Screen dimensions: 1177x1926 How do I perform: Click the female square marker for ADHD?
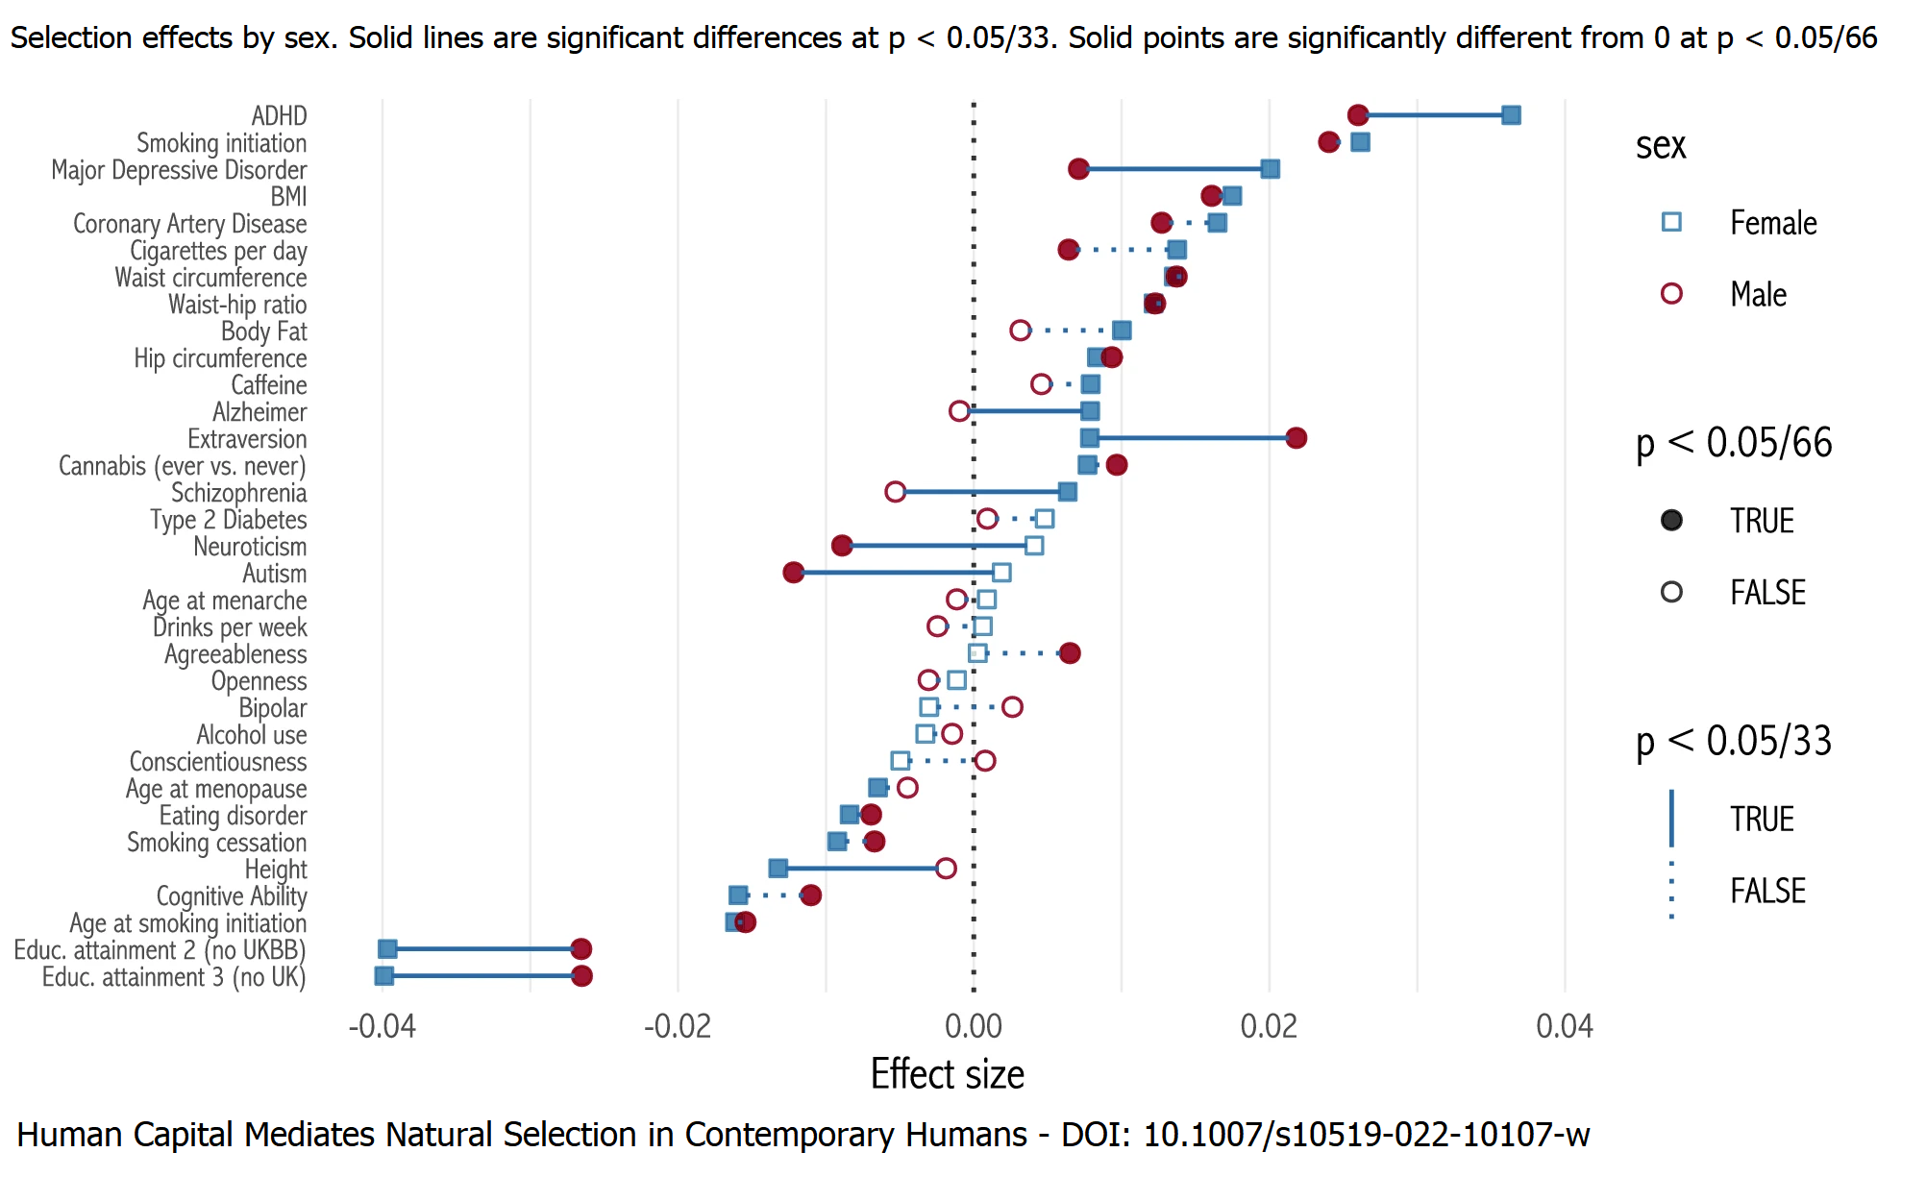click(x=1511, y=115)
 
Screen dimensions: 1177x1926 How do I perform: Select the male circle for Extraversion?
click(x=1296, y=438)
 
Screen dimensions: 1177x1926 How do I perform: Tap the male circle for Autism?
click(x=793, y=573)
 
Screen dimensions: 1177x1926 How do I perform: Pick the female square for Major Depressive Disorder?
click(x=1270, y=169)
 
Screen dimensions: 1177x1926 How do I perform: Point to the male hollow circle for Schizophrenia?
click(x=895, y=492)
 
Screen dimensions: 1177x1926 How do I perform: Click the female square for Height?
click(x=778, y=869)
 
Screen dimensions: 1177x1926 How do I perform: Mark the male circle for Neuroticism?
click(x=842, y=546)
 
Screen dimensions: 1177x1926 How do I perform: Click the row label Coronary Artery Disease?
click(x=190, y=224)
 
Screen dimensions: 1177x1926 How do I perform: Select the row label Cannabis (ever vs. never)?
click(x=183, y=466)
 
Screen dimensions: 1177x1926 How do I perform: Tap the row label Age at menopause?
click(x=216, y=789)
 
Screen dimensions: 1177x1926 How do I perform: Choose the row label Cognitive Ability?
click(x=232, y=896)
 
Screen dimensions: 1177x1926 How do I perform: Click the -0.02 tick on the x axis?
click(x=678, y=1026)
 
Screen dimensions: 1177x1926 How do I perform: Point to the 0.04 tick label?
click(x=1564, y=1026)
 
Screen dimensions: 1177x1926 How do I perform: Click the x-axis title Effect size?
click(x=947, y=1074)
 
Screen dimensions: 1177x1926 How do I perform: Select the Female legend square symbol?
click(x=1671, y=223)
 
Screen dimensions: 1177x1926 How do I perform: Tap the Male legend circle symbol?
click(x=1671, y=294)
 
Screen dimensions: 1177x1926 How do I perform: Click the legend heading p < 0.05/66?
click(x=1733, y=443)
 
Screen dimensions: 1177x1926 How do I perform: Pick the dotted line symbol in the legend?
click(x=1671, y=891)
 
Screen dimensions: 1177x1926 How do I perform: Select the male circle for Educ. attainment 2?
click(x=580, y=949)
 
